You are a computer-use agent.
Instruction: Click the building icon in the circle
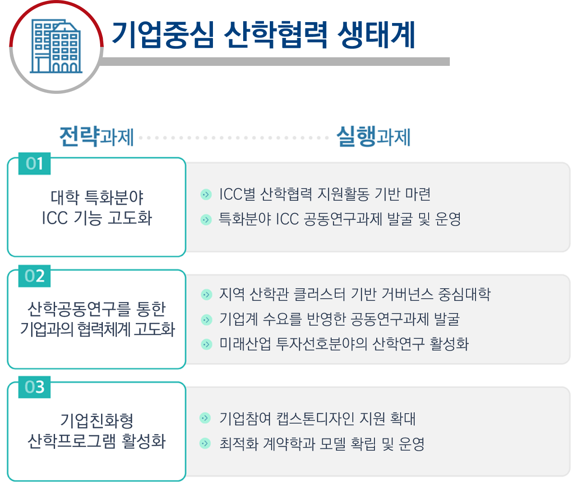[56, 46]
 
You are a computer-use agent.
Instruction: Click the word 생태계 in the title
[376, 35]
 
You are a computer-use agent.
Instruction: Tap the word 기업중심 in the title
[163, 35]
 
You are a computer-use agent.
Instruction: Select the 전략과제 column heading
[97, 137]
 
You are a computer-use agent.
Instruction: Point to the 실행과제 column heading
[374, 137]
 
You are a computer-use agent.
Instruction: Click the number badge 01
[34, 163]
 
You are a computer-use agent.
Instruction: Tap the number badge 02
[34, 276]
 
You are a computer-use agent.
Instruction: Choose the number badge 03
[34, 387]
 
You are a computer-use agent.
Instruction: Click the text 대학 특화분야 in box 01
[97, 197]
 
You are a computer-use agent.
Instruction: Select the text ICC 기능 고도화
[97, 218]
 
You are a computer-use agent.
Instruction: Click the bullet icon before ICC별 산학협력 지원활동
[206, 194]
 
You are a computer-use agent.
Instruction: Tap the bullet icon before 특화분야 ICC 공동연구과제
[206, 220]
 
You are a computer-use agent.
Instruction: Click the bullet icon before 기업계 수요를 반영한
[207, 319]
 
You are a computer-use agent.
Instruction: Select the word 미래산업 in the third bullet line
[245, 344]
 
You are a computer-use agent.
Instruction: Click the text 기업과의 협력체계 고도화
[97, 329]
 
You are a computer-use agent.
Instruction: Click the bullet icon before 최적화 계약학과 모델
[205, 443]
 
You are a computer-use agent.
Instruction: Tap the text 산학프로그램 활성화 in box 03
[97, 441]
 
